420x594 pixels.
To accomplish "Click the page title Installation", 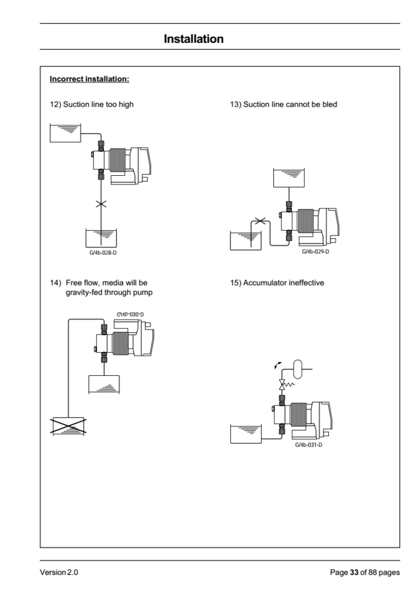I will [194, 39].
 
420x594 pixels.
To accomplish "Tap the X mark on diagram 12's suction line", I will [101, 204].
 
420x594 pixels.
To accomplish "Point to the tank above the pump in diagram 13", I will [288, 178].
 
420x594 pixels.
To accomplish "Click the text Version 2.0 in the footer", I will [59, 573].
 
